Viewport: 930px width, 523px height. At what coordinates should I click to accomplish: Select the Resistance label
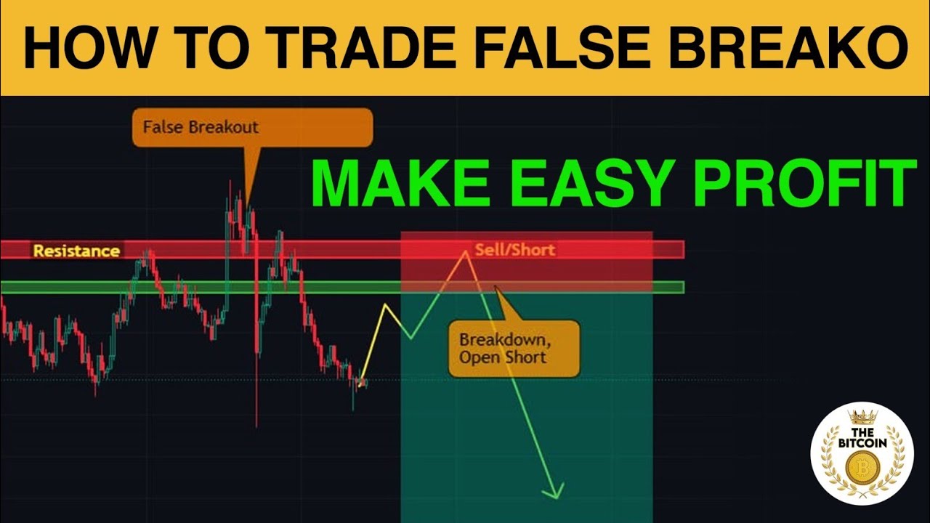coord(76,251)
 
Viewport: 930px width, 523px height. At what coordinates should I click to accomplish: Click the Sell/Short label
coord(514,250)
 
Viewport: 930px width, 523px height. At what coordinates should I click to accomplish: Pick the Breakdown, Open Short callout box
coord(514,349)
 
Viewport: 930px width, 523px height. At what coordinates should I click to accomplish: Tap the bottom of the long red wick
coord(256,426)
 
